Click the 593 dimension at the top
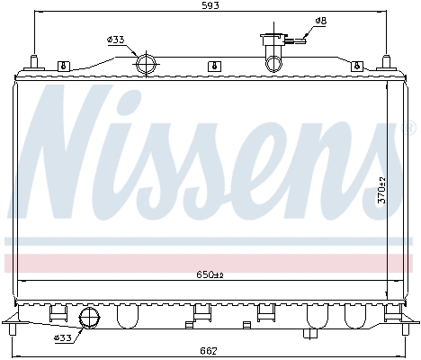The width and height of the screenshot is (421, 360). tap(210, 6)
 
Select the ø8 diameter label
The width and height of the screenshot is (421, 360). tap(321, 20)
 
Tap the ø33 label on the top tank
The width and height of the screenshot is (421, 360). tap(115, 40)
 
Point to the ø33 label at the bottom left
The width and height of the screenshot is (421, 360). tap(63, 337)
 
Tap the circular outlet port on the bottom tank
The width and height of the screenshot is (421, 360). tap(90, 318)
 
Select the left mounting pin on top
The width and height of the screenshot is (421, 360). tap(33, 62)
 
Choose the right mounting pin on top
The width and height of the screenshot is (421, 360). tap(388, 62)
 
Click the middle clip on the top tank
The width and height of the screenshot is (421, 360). tap(212, 65)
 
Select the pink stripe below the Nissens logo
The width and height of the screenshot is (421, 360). tap(210, 262)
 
